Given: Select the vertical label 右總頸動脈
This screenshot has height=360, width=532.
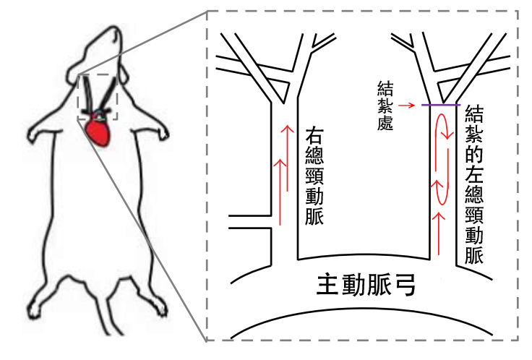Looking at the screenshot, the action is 314,176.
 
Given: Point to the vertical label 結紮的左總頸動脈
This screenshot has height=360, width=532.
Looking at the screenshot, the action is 474,185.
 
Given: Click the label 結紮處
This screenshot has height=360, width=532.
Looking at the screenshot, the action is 385,106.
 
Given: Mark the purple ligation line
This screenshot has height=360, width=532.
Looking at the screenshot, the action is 441,105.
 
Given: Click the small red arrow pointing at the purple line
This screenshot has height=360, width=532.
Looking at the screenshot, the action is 406,106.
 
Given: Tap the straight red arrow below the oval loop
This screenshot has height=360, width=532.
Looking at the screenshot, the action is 439,233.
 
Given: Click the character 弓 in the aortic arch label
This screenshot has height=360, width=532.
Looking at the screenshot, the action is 405,286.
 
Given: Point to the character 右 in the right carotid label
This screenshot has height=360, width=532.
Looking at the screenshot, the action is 314,137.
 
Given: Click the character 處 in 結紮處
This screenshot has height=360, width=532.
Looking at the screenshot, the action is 385,123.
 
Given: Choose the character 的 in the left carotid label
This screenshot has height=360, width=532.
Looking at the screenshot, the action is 474,155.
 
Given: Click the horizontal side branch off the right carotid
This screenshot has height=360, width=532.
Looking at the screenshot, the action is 249,221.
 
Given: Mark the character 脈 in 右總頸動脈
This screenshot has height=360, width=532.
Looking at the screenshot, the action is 314,216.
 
